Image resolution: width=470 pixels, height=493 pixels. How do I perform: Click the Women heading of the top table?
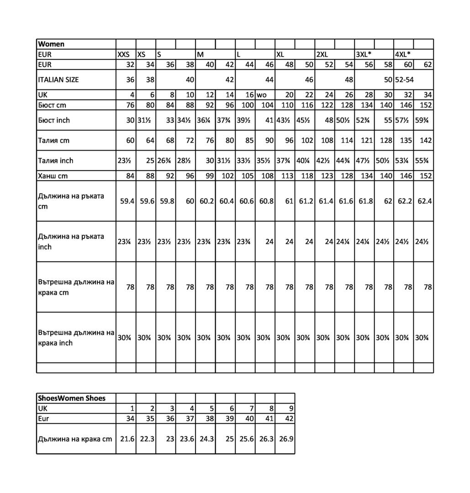click(51, 44)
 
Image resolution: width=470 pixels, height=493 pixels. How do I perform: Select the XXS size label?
click(123, 54)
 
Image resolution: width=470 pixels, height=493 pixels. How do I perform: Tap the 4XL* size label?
click(402, 54)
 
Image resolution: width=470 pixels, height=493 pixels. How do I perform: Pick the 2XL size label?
click(322, 54)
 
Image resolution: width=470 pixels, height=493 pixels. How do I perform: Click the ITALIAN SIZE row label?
click(58, 79)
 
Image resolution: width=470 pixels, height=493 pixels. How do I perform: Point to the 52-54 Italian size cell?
click(405, 79)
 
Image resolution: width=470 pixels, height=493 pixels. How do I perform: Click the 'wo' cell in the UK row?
click(262, 95)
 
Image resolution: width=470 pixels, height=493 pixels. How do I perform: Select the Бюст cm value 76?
click(130, 105)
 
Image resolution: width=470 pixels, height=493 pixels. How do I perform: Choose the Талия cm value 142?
click(425, 141)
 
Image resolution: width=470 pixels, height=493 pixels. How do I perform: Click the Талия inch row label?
click(56, 161)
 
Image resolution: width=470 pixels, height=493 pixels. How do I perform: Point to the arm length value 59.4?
click(127, 201)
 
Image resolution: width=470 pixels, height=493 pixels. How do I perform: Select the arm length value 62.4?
click(424, 201)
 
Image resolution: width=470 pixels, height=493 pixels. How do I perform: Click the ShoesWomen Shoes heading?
click(72, 398)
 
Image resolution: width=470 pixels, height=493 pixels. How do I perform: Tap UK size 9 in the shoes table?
click(291, 409)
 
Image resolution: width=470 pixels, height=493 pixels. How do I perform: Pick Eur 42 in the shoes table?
click(289, 419)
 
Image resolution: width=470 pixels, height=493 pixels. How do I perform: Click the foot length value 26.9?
click(286, 439)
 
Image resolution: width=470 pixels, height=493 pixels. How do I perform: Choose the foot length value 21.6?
click(127, 439)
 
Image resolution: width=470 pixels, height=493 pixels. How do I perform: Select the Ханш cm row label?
click(54, 176)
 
